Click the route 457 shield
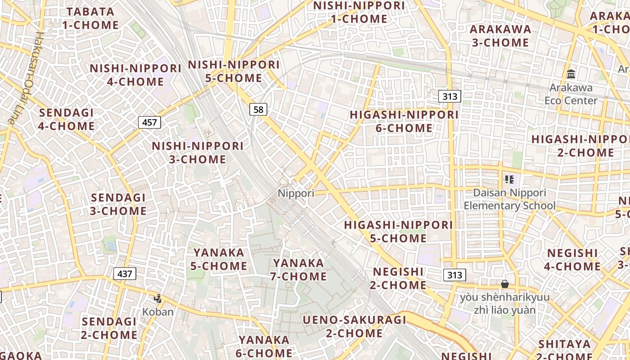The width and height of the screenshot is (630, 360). coord(149,122)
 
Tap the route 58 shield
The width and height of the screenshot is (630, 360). coord(258,109)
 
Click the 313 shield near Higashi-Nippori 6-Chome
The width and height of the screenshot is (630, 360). coord(450,96)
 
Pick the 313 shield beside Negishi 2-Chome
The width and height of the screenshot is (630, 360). coord(454,275)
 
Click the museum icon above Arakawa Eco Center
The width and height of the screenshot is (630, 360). coord(571,74)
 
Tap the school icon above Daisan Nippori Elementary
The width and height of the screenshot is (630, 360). coord(509,180)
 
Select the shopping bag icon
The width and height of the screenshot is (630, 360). coord(505,284)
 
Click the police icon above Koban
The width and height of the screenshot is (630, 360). coord(157,298)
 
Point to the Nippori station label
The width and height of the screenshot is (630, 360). coord(296,193)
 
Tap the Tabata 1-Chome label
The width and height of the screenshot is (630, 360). coord(90,18)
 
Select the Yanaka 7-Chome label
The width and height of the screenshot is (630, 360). coord(298,270)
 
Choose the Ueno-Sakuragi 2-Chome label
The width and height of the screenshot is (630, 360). coord(354,327)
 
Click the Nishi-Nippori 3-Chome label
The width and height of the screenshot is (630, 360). coord(198,153)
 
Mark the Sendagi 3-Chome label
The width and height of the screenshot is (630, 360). coord(118,204)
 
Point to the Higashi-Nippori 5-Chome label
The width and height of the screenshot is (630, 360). coord(398,231)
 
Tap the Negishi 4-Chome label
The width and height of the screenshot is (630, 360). coord(572,260)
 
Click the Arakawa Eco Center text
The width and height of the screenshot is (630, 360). coord(571,94)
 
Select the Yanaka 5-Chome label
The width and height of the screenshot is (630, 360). coord(219,259)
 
